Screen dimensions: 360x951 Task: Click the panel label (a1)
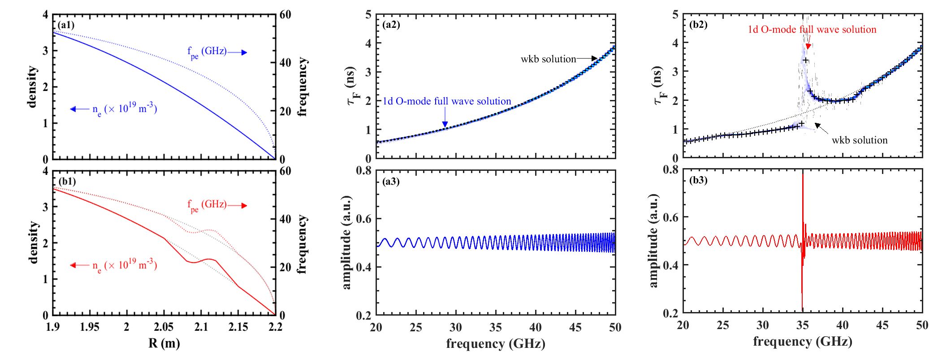tap(66, 26)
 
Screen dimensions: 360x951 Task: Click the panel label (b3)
tap(698, 180)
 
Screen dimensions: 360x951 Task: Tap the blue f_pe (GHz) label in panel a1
tap(207, 52)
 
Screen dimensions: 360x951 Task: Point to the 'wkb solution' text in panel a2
tap(548, 59)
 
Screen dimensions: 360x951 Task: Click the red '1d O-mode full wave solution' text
tap(812, 30)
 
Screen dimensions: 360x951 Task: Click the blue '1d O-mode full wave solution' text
tap(447, 101)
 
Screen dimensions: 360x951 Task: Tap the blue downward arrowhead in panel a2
tap(445, 124)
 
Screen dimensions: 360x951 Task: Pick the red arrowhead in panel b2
tap(808, 46)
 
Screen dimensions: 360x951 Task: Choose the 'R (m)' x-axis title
tap(164, 344)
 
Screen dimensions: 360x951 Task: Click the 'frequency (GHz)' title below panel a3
tap(496, 344)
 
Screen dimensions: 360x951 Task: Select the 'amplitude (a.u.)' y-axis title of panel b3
tap(653, 241)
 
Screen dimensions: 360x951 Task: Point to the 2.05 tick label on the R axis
tap(164, 327)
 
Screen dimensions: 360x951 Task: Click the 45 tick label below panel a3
tap(575, 327)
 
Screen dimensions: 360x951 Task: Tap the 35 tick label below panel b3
tap(803, 325)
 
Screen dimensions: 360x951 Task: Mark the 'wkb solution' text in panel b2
tap(860, 140)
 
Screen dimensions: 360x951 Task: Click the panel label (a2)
tap(391, 25)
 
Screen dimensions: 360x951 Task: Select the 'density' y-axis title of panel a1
tap(32, 87)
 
